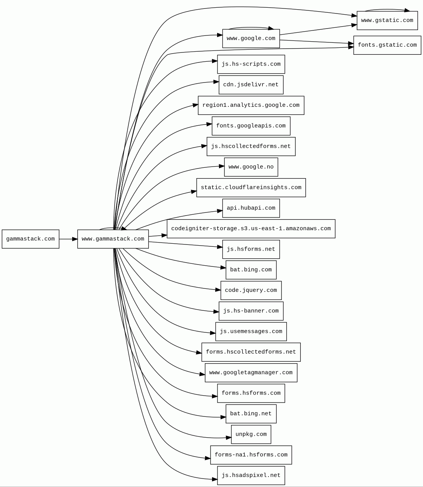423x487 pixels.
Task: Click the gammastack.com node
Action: click(30, 239)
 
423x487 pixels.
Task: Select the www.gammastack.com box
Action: click(113, 239)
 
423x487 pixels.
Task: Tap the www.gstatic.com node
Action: click(387, 20)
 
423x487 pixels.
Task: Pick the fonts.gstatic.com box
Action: click(387, 45)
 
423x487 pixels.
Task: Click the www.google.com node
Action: click(251, 39)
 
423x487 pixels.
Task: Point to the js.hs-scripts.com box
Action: click(251, 64)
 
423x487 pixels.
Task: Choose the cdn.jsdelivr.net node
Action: click(251, 85)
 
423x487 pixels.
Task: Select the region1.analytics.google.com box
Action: click(251, 105)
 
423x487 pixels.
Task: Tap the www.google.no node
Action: click(251, 167)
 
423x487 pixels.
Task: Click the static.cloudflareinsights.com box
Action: click(251, 188)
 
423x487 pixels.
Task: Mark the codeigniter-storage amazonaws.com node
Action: click(251, 229)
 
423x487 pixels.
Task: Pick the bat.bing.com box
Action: click(251, 270)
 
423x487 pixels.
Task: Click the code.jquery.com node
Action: click(251, 290)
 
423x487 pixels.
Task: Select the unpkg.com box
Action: click(251, 435)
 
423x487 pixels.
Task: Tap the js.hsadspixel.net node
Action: click(251, 475)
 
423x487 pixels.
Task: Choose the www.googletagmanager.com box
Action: click(251, 373)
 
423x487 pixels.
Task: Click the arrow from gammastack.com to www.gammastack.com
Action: click(68, 239)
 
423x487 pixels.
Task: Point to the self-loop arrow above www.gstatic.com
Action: click(387, 9)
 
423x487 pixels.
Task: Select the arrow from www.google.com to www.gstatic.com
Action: click(318, 30)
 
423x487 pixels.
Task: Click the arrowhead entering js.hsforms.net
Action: click(220, 247)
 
